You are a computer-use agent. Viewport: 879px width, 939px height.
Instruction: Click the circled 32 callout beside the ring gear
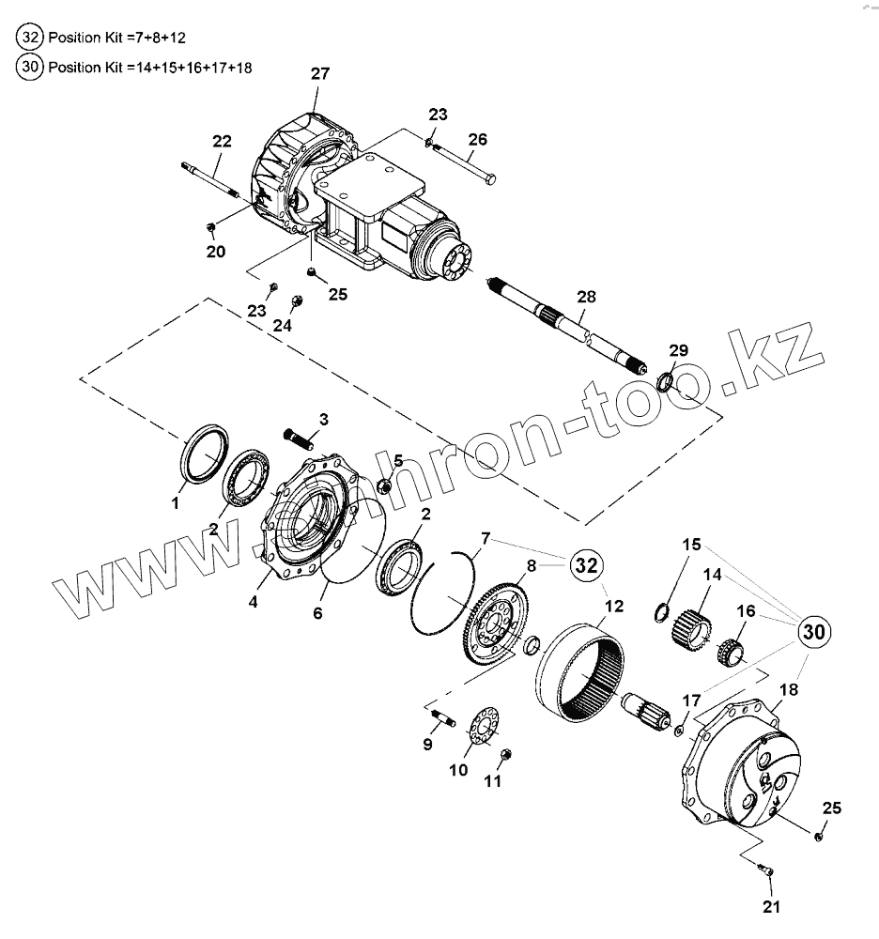585,565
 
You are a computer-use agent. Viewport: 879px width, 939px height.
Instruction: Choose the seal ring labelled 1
203,451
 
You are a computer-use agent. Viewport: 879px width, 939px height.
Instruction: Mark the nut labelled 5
384,485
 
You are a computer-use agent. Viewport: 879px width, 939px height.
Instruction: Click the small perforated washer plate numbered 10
481,731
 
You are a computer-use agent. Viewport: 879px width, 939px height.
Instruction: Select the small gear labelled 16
732,650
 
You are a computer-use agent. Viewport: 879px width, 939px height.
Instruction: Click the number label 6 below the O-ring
317,613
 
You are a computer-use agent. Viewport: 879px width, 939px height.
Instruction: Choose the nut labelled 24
297,301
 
